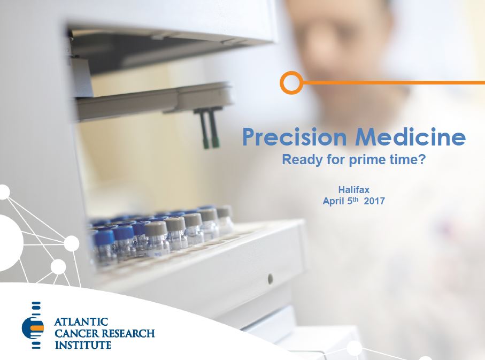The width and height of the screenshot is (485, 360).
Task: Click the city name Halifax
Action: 354,189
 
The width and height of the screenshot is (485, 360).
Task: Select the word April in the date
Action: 334,201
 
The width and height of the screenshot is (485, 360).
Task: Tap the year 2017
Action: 374,201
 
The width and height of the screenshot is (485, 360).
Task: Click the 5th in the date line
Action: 352,201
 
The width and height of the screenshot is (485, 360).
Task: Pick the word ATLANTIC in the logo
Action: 81,322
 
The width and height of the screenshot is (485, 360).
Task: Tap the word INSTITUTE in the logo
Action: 83,345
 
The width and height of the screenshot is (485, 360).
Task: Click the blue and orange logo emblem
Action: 33,325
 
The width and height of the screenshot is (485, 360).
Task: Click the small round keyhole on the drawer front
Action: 271,279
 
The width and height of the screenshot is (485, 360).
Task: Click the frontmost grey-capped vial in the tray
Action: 157,237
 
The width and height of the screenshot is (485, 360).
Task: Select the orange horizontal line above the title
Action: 394,83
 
